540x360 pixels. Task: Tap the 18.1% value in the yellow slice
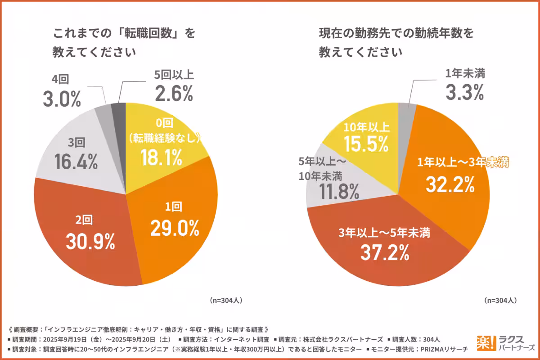[161, 157]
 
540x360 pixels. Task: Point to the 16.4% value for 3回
[76, 162]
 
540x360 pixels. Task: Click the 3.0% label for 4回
[62, 98]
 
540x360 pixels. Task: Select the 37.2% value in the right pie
[385, 252]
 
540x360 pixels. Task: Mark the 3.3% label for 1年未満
[464, 91]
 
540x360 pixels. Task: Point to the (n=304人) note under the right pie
[500, 300]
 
